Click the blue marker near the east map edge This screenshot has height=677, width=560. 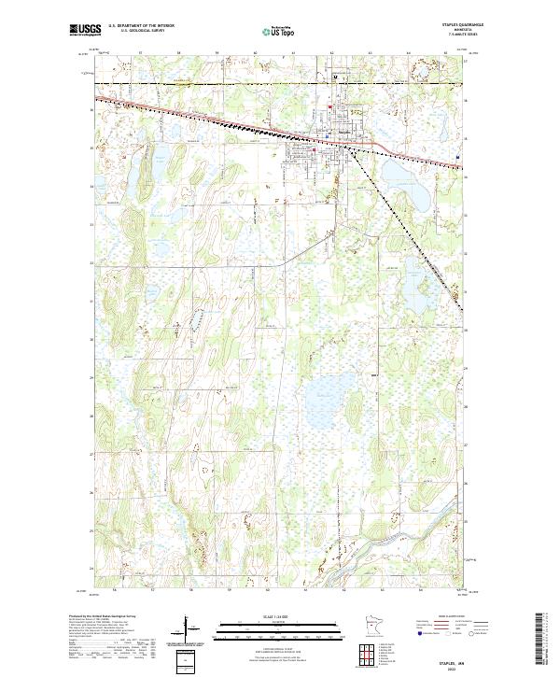457,155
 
